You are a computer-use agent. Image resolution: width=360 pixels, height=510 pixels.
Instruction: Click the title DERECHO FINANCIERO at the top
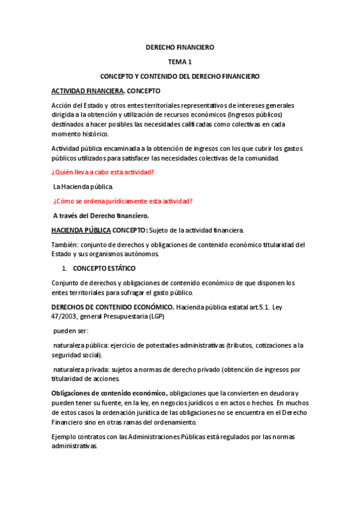[x=180, y=47]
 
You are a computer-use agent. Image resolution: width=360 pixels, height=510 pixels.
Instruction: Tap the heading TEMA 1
[x=180, y=62]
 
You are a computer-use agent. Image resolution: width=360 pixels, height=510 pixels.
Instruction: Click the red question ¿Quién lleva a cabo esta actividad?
[x=103, y=172]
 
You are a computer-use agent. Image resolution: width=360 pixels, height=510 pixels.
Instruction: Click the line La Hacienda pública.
[x=83, y=186]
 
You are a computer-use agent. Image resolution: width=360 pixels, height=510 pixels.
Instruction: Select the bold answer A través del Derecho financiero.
[x=101, y=215]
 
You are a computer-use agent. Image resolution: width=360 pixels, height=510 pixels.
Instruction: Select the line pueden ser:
[x=71, y=331]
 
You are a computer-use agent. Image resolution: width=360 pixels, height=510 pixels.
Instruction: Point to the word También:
[x=65, y=245]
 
